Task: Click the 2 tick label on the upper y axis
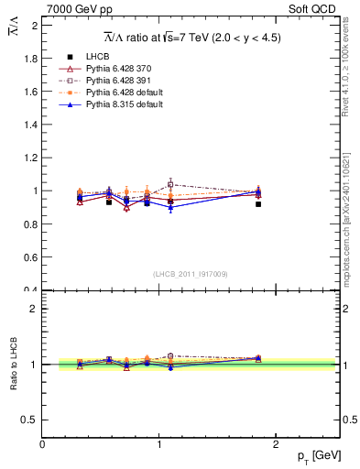[35, 26]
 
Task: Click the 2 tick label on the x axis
[276, 443]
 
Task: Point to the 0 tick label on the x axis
[43, 443]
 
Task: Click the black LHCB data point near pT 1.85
[258, 204]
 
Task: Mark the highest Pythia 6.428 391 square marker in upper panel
[170, 185]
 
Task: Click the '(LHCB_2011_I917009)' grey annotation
[191, 273]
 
